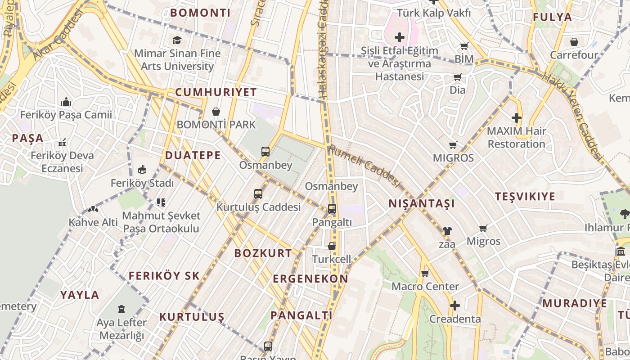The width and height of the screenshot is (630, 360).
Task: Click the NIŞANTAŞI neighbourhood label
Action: [422, 204]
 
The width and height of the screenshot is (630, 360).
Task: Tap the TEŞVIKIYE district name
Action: [525, 197]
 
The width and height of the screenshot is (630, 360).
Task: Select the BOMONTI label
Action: [200, 13]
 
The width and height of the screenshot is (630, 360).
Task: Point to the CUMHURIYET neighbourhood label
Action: [216, 93]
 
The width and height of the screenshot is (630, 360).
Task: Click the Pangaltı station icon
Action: [332, 209]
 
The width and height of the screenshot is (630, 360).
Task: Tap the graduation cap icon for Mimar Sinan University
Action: [177, 40]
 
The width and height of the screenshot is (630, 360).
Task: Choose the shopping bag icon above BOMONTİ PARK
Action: [216, 112]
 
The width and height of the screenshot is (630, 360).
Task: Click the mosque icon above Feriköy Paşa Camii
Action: [66, 102]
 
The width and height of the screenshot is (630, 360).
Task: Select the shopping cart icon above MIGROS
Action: [453, 145]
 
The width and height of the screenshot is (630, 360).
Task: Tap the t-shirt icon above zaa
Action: [446, 231]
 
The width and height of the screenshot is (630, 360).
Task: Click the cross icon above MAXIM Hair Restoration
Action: [516, 118]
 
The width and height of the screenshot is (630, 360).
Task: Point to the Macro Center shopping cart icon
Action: [425, 273]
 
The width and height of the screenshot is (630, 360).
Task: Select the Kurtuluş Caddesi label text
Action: [258, 207]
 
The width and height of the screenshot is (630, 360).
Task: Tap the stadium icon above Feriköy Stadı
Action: [142, 170]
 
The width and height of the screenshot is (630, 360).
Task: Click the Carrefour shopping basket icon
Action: [574, 42]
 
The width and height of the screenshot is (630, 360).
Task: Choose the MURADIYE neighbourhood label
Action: [574, 303]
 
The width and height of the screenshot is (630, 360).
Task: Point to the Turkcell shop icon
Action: [332, 246]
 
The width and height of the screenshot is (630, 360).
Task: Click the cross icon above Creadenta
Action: [455, 306]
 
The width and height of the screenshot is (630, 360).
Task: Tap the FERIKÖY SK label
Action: [164, 276]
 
